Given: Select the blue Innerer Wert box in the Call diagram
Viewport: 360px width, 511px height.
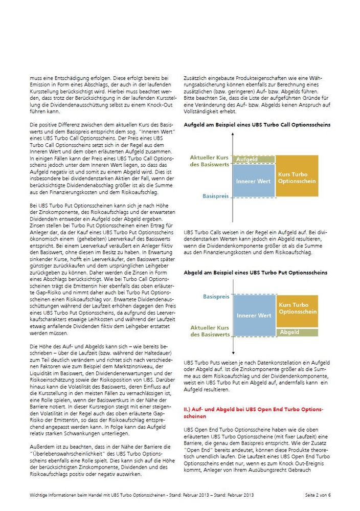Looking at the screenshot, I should pyautogui.click(x=254, y=181).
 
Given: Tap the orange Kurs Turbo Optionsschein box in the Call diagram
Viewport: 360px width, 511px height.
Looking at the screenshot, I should pyautogui.click(x=296, y=177).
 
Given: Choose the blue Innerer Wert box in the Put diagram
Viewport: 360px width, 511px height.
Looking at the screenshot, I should pyautogui.click(x=254, y=315).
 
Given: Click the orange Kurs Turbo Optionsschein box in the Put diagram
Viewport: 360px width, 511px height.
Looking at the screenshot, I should pyautogui.click(x=297, y=308).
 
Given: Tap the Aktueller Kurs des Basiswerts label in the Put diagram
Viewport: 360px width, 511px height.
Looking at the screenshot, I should pyautogui.click(x=210, y=330).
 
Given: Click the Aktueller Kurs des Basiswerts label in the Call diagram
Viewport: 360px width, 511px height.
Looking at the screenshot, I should pyautogui.click(x=210, y=161).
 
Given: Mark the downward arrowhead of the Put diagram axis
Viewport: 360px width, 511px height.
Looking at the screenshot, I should pyautogui.click(x=233, y=352).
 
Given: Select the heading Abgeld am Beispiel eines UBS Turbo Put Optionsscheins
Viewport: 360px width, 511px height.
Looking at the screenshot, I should pyautogui.click(x=255, y=273).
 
